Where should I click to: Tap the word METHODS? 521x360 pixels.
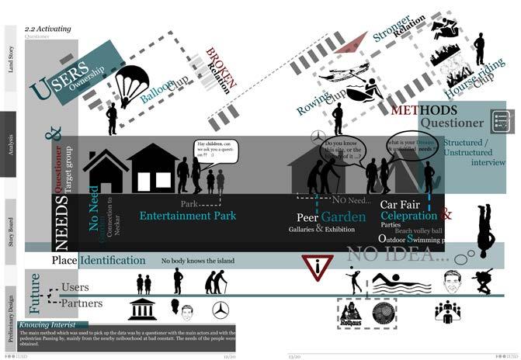click(x=424, y=111)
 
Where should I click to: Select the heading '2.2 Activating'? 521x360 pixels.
click(x=48, y=28)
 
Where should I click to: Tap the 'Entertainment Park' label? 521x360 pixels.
click(x=187, y=215)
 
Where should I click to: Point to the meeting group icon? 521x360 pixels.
click(x=448, y=312)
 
